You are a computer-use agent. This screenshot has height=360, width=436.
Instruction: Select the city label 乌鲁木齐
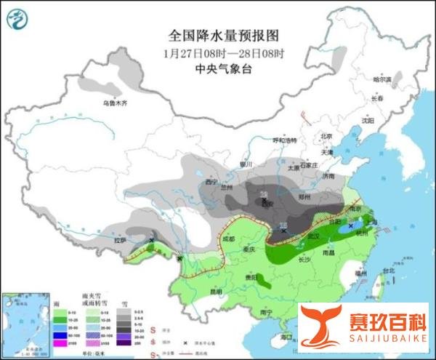coord(114,103)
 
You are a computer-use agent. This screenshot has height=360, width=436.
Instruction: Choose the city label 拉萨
coord(140,240)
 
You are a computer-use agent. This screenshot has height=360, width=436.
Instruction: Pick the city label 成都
coord(230,238)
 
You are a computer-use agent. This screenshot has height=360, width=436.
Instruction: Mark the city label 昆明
coord(215,292)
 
